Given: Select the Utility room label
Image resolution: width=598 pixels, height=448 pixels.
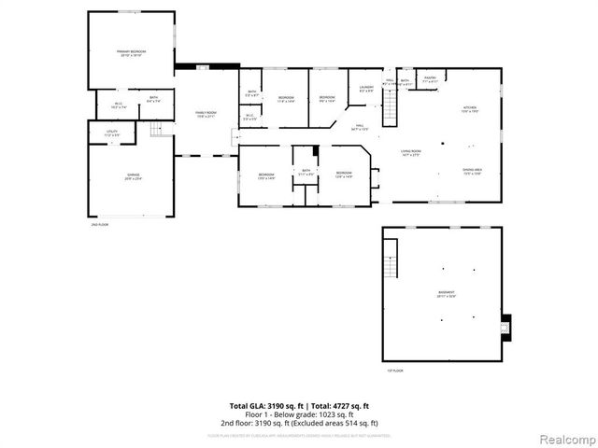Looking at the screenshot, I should pos(111,134).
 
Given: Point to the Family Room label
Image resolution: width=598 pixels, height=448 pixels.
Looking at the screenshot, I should pos(206,114).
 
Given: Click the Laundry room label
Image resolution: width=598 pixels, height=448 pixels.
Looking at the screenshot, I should pos(366,89).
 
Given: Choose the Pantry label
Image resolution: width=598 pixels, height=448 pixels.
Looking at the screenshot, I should pos(430,80).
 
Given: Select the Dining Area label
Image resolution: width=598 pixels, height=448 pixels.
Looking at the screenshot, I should pos(471,171).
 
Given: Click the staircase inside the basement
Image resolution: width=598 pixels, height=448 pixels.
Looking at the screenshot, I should pos(392,256).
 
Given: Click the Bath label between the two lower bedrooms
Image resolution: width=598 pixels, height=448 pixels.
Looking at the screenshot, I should pos(305,172).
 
